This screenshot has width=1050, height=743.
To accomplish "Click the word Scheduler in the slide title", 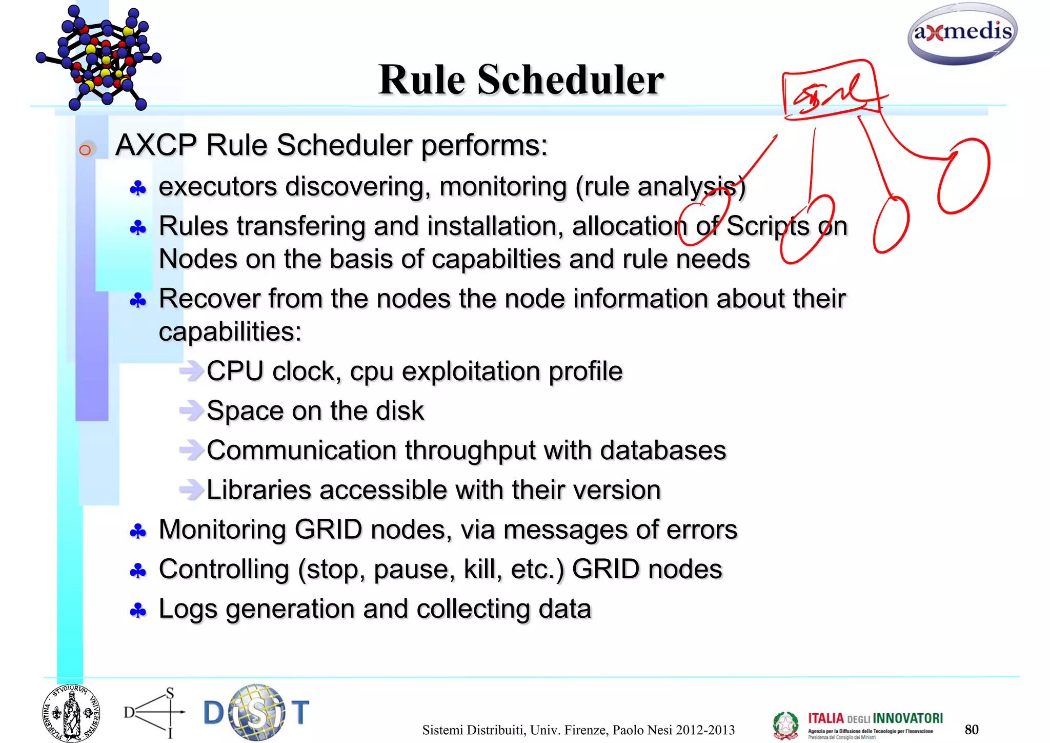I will pos(570,81).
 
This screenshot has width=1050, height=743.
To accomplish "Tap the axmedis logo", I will pos(962,33).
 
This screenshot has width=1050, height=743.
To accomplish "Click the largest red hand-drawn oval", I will pos(963,175).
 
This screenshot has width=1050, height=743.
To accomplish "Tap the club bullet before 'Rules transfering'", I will pos(138,228).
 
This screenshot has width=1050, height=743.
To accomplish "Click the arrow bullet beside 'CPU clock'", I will pos(191,370).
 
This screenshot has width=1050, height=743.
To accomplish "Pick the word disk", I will pos(399,411).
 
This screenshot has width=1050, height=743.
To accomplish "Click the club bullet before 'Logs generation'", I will pos(138,611).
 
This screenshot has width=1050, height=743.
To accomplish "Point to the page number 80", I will pos(971,729).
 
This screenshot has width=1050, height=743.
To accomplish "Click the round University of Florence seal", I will pos(71,713).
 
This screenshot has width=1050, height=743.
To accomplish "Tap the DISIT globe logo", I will pos(256,712).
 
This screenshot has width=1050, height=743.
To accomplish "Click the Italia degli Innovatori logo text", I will pos(875,718).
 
